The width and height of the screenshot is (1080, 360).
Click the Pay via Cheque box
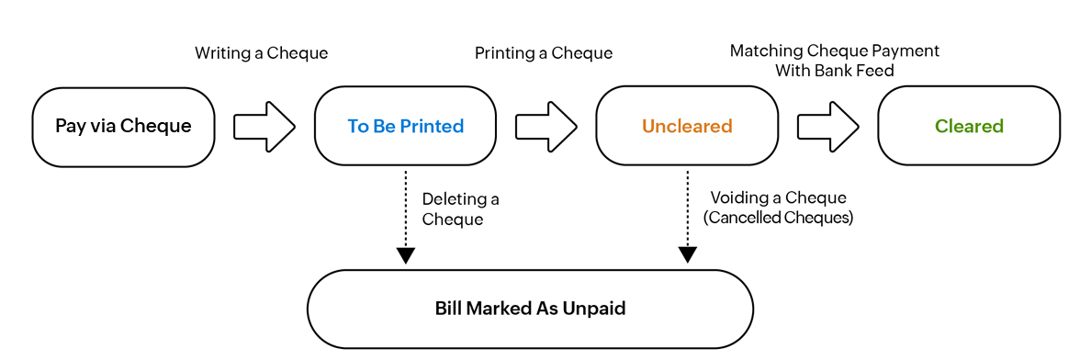(123, 127)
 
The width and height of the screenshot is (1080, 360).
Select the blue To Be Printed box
(405, 127)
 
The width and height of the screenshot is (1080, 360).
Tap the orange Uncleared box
(687, 127)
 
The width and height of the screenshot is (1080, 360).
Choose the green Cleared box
(969, 127)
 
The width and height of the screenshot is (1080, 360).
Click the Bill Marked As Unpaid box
(530, 309)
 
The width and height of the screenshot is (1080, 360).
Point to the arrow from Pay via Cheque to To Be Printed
(264, 126)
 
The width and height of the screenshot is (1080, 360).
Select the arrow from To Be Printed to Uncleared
(546, 126)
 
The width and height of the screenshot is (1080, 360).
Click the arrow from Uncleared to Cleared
(827, 126)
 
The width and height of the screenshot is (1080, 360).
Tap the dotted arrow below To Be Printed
(405, 216)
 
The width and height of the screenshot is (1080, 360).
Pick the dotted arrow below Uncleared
(687, 216)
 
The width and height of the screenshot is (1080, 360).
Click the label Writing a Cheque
(261, 53)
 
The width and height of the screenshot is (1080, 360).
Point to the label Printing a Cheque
(543, 53)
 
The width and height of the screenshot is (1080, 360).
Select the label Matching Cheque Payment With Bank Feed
(834, 61)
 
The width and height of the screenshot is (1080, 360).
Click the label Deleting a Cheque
(460, 208)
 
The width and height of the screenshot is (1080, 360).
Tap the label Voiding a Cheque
(778, 198)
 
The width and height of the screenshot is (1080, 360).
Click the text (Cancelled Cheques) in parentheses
(778, 219)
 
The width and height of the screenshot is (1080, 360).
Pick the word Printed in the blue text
(434, 127)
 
